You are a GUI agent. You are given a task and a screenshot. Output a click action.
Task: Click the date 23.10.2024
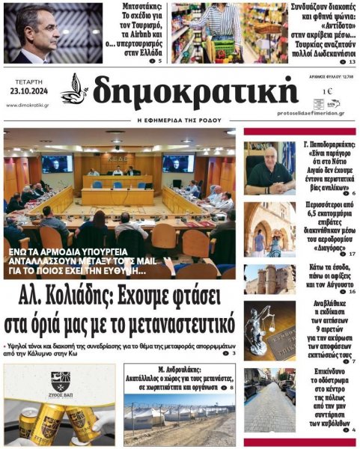(x=28, y=91)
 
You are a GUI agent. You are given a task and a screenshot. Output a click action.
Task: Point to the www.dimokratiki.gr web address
(x=28, y=105)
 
